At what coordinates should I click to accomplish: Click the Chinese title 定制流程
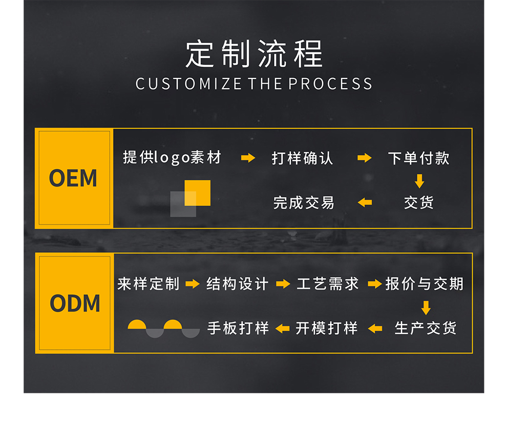pos(255,54)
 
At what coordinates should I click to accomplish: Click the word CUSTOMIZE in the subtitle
pos(188,84)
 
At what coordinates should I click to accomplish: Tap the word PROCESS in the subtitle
pos(330,84)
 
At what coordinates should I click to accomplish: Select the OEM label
pos(73,178)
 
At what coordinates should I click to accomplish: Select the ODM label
pos(75,303)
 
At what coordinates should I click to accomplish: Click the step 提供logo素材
pos(172,157)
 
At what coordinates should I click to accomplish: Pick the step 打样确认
pos(302,158)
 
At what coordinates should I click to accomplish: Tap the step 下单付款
pos(419,158)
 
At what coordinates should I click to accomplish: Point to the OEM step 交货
pos(419,203)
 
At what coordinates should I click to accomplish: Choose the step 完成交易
pos(304,203)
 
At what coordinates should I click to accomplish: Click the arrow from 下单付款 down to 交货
pos(419,181)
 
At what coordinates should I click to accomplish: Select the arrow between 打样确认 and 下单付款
pos(365,158)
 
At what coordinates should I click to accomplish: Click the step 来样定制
pos(149,284)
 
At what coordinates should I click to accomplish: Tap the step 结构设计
pos(238,284)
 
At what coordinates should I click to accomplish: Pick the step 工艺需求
pos(328,284)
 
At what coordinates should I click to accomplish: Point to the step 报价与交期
pos(425,284)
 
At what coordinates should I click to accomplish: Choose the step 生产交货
pos(426,328)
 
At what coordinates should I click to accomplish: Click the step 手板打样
pos(238,328)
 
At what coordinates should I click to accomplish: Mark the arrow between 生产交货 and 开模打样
pos(375,329)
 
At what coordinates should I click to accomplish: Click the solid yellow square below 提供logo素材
pos(197,193)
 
